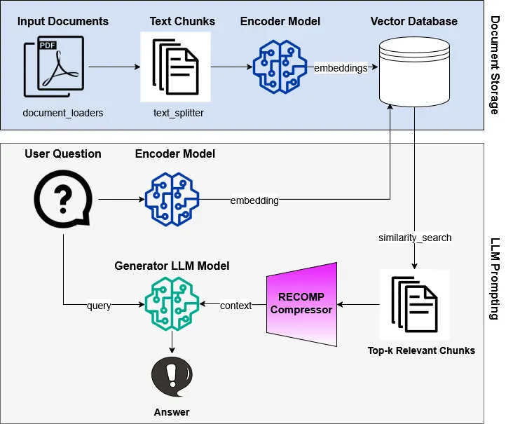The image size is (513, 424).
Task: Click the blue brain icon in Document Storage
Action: point(280,67)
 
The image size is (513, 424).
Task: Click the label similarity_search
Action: point(414,238)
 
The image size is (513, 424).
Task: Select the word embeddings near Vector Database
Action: point(341,68)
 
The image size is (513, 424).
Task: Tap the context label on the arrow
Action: point(235,306)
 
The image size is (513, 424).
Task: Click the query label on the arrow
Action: point(99,306)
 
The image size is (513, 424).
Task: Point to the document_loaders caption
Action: point(63,113)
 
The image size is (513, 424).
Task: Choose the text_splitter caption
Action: point(179,113)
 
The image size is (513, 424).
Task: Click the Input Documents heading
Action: point(63,21)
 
